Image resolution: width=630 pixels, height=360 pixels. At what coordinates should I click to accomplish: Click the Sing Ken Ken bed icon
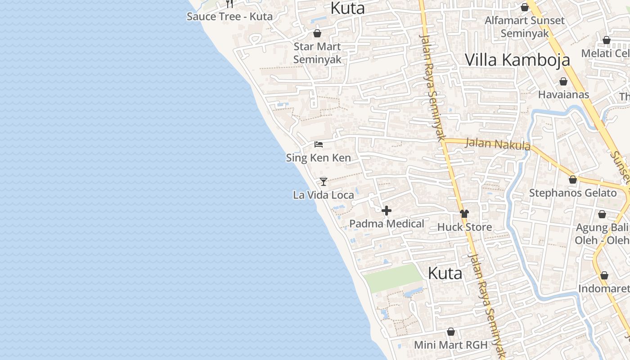click(x=319, y=144)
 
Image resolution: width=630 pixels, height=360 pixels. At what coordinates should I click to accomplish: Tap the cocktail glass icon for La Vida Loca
click(x=323, y=181)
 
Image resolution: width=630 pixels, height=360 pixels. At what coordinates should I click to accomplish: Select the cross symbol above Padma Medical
click(x=386, y=210)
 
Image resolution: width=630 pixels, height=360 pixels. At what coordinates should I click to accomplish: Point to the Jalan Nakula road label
click(x=498, y=144)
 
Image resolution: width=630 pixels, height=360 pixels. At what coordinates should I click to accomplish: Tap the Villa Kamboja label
click(x=517, y=60)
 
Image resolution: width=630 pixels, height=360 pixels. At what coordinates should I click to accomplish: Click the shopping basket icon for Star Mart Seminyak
click(x=317, y=33)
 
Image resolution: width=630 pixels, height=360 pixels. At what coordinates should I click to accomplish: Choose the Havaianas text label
click(x=563, y=94)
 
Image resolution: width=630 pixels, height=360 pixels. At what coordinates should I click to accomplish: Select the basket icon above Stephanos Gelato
click(x=572, y=180)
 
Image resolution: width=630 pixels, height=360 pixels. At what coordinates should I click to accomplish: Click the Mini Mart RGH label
click(x=451, y=345)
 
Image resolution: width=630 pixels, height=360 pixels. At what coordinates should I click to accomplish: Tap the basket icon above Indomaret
click(x=604, y=275)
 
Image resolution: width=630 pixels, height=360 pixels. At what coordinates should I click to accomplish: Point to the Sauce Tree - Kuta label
click(x=229, y=17)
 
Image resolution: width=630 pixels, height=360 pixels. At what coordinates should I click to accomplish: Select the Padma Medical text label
click(x=387, y=224)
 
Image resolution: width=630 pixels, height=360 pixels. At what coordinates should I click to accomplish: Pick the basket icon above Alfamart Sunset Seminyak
click(x=524, y=7)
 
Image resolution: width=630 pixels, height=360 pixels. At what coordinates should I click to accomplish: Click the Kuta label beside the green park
click(x=445, y=273)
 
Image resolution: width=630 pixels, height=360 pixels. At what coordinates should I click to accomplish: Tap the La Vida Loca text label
click(x=323, y=195)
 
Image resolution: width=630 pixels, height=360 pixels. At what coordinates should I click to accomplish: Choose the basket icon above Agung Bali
click(x=602, y=214)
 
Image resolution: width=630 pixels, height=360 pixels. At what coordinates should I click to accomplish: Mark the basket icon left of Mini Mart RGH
click(x=451, y=332)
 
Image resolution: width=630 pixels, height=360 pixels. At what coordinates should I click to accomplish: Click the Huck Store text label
click(x=464, y=227)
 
